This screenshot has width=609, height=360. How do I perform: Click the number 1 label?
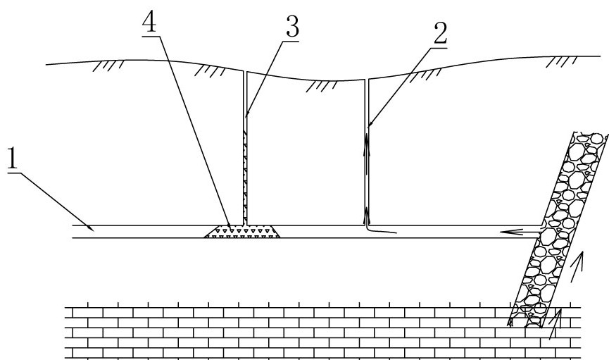pos(13,159)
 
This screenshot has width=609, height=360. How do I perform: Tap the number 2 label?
pos(440,33)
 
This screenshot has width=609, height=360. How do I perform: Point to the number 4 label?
pos(149,22)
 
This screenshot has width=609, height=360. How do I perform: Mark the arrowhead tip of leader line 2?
pos(368,126)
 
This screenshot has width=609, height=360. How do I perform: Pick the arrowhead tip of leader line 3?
pos(246,116)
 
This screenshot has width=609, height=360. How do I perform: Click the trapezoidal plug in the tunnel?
pos(242,231)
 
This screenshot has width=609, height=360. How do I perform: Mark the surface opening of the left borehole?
pos(245,72)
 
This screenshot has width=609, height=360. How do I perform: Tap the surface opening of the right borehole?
pos(366,80)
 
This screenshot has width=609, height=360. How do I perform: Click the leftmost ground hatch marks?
pos(108,66)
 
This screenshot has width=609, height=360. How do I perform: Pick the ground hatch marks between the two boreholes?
pos(322,87)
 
